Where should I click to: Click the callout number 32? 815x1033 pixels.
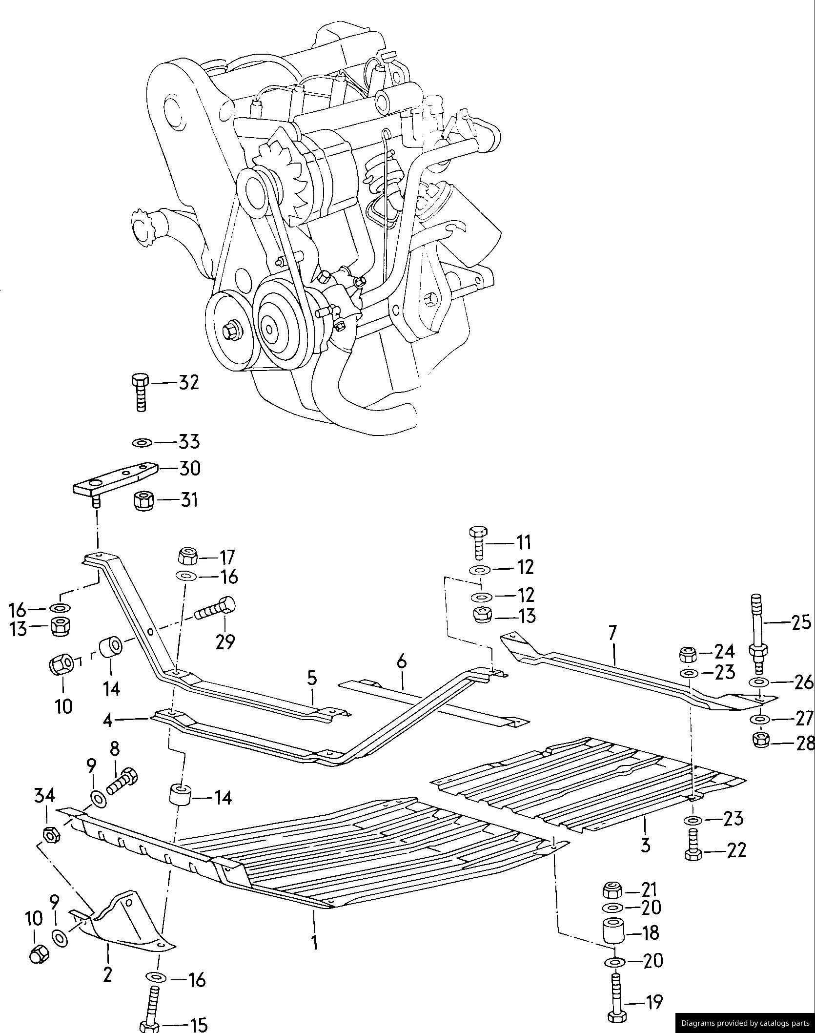[189, 383]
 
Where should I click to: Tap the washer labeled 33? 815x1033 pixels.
[142, 442]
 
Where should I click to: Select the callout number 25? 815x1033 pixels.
[800, 622]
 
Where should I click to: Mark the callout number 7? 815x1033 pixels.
[612, 632]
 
